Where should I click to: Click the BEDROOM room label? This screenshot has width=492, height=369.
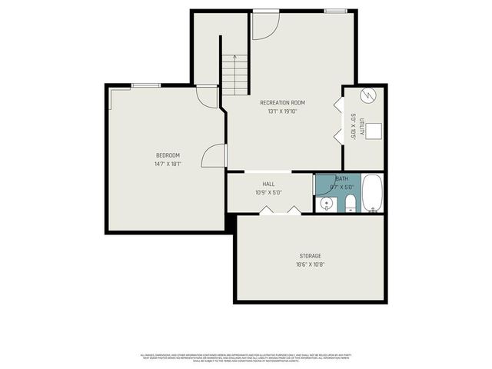167,155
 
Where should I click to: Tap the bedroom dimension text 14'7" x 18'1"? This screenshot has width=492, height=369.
167,164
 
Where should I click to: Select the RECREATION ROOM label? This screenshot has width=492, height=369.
282,103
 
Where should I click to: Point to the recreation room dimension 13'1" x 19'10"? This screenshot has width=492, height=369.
282,111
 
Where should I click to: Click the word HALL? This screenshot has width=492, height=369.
268,184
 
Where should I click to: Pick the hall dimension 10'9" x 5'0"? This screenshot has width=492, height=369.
268,192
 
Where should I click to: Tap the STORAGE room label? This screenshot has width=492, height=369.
310,256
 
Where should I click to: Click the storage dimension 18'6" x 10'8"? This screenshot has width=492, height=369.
310,264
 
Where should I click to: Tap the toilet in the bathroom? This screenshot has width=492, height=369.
350,203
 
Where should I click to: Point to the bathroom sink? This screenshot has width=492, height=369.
326,204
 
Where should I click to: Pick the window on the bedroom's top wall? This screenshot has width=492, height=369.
145,85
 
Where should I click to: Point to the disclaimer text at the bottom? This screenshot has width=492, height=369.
246,357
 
